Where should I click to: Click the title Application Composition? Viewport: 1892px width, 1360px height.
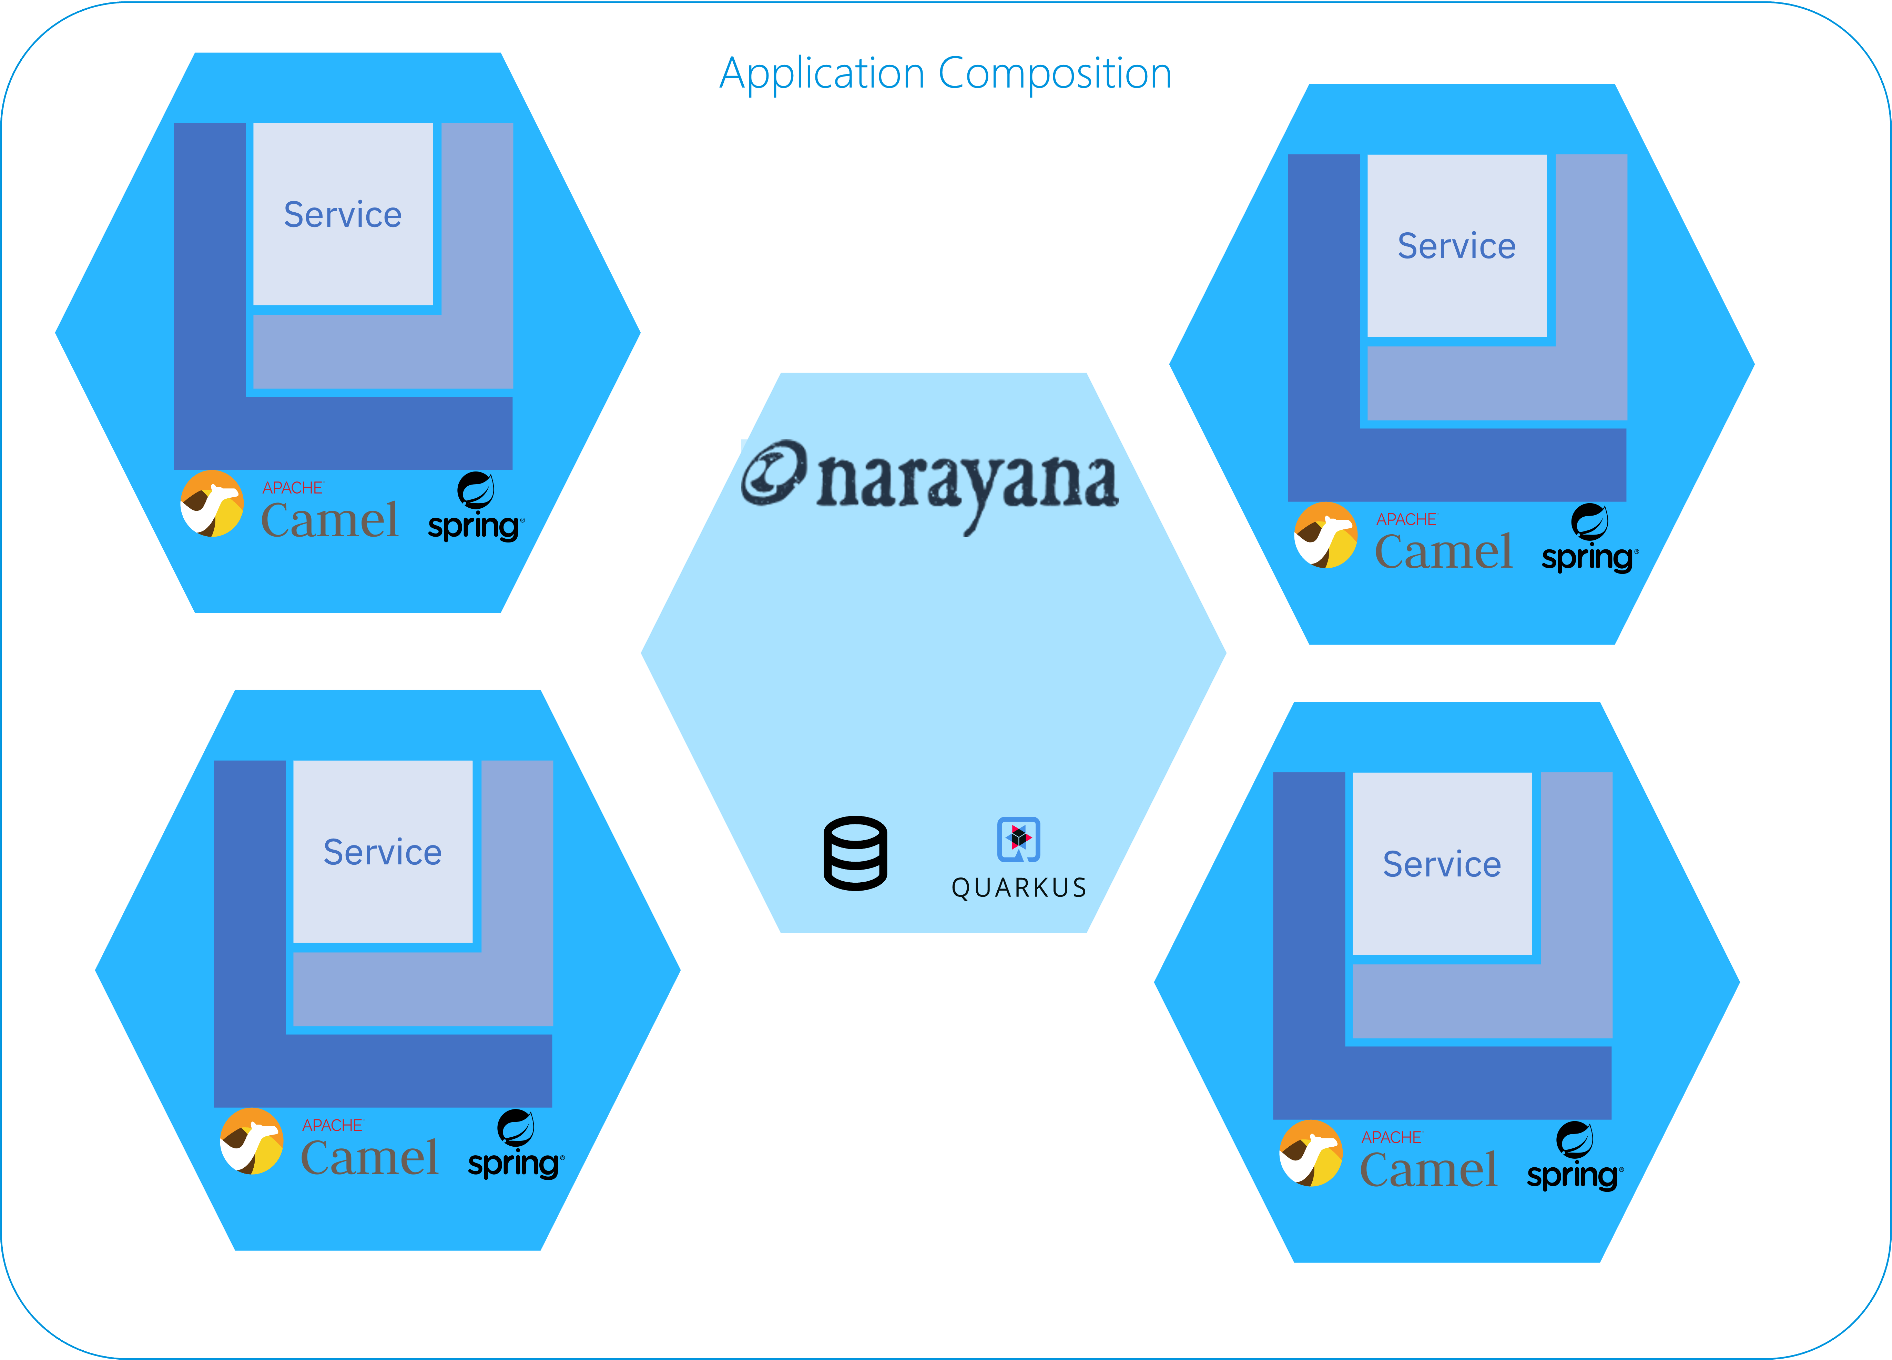click(x=945, y=73)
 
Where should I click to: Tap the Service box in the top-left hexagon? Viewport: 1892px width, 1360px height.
click(x=343, y=214)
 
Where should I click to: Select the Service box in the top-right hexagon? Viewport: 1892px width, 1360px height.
click(x=1456, y=246)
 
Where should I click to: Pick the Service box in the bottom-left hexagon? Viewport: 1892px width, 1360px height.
click(x=383, y=852)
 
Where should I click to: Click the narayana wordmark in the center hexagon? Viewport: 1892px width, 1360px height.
click(x=966, y=484)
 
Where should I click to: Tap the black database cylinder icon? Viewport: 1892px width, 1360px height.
click(x=855, y=854)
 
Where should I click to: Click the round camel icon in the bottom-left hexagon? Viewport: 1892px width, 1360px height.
click(x=251, y=1141)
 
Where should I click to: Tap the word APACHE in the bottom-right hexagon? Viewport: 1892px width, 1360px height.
click(x=1391, y=1137)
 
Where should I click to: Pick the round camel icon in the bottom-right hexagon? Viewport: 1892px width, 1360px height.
click(x=1311, y=1153)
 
